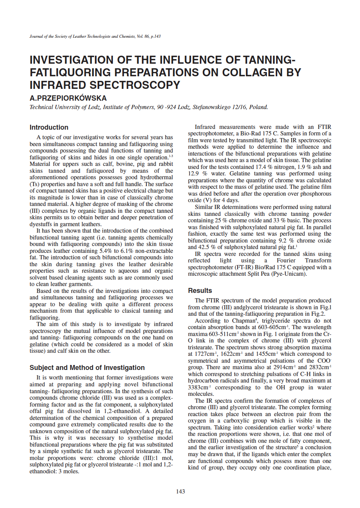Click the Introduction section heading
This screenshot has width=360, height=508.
point(49,127)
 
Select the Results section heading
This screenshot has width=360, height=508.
point(200,291)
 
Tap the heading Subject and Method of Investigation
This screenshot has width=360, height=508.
point(87,368)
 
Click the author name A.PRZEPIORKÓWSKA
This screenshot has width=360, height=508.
point(68,98)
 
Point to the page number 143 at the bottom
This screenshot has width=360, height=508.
point(180,491)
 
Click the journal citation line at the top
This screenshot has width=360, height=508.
point(95,37)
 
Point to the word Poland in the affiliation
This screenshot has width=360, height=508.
point(258,107)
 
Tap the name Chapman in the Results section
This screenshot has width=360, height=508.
point(243,321)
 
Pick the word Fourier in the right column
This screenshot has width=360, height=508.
point(286,260)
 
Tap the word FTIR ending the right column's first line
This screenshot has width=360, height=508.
point(324,127)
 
